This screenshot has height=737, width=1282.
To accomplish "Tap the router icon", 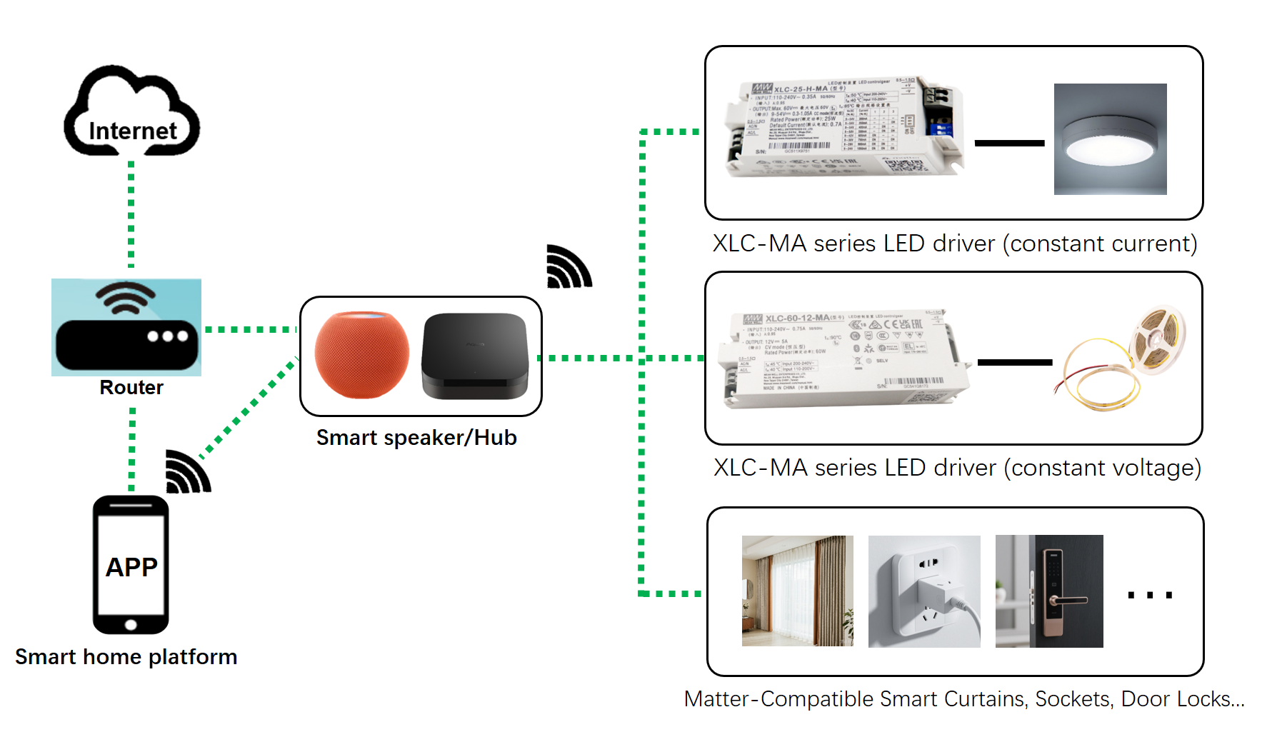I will [126, 328].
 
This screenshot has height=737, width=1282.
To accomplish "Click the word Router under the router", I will [131, 388].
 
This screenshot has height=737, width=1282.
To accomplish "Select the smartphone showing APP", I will [131, 565].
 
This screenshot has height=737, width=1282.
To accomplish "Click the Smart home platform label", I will [126, 657].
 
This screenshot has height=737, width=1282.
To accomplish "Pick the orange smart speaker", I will [362, 354].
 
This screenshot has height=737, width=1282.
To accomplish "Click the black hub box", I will [475, 356].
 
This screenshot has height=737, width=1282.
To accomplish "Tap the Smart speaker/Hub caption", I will [416, 438].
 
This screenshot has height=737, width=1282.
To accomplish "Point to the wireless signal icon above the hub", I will [569, 267].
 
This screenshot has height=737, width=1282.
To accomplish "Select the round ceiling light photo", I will [1110, 139].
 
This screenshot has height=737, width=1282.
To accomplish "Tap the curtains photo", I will [797, 591].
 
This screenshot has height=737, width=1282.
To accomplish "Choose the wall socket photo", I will [924, 591].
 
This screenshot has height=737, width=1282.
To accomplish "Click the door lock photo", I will [1049, 591].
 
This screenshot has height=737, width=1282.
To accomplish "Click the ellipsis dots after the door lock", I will [1150, 595].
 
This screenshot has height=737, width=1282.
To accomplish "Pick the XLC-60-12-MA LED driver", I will [843, 359].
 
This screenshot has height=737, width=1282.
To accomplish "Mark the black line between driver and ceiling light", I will [1009, 144].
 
